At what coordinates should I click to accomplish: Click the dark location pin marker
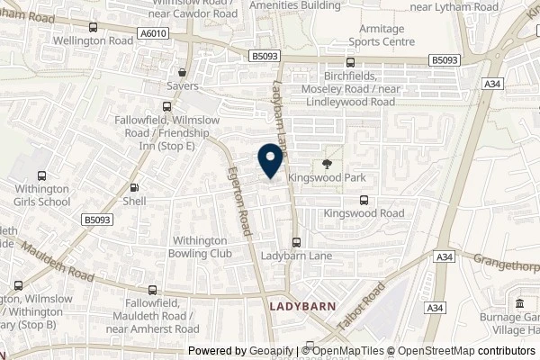(x=268, y=160)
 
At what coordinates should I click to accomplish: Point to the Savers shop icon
(x=183, y=73)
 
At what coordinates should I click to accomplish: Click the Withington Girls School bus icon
(x=40, y=177)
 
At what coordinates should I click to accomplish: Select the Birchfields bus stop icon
(x=350, y=62)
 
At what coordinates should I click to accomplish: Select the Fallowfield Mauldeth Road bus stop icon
(x=152, y=291)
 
